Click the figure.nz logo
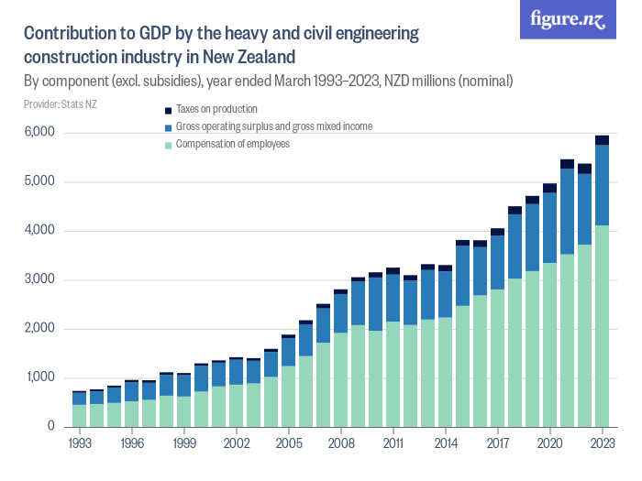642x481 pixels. point(568,19)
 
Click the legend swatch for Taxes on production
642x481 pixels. point(167,109)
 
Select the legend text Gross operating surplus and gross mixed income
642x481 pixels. point(273,126)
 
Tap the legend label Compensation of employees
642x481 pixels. point(233,144)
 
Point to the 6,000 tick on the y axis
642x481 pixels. point(39,133)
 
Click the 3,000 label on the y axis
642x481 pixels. point(39,279)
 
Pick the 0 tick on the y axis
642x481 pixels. point(51,427)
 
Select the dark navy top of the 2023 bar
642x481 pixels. point(602,140)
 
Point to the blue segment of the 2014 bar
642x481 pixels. point(445,294)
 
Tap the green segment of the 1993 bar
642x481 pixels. point(80,415)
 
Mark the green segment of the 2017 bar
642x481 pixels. point(497,357)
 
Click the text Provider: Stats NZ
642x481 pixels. point(60,104)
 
